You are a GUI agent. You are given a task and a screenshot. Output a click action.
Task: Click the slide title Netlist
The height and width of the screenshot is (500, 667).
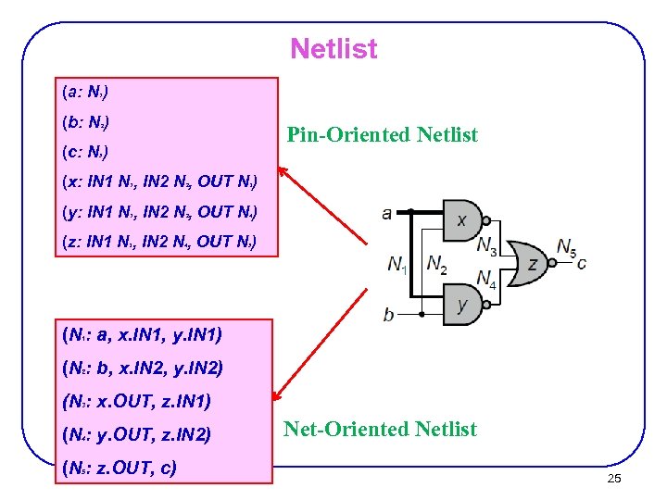point(333,48)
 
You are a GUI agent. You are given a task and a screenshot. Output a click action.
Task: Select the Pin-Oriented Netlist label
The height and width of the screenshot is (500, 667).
point(382,135)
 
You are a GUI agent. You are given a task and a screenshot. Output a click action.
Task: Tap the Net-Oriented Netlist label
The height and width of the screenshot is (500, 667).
point(380,429)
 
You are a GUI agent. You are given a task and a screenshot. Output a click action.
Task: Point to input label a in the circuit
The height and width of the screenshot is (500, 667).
point(386,214)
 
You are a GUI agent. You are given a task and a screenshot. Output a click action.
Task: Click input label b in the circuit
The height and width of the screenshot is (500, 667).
point(388,315)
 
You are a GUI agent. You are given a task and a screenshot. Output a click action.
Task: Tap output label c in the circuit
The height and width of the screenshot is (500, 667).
point(581,263)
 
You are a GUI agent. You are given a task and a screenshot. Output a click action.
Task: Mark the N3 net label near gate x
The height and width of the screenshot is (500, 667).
point(486,245)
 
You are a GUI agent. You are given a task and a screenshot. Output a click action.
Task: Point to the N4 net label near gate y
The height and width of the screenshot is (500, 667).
point(486,278)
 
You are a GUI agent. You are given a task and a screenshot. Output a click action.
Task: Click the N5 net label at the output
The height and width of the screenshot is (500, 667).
point(566,246)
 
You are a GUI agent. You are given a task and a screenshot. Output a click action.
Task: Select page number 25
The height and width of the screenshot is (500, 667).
point(613,478)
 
